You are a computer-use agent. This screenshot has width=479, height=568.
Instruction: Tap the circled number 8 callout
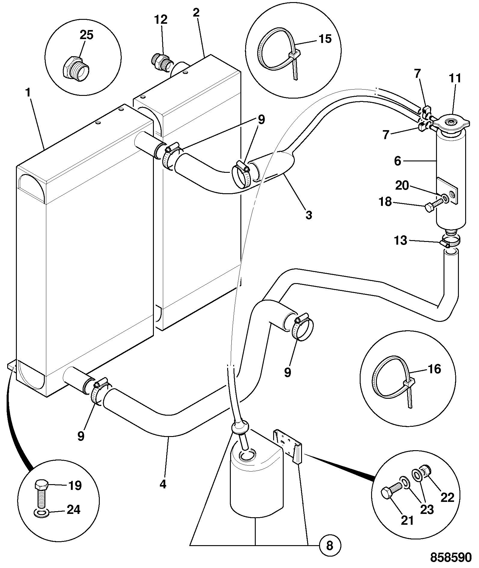coord(330,545)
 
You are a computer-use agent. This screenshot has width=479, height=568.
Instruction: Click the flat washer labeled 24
coord(40,513)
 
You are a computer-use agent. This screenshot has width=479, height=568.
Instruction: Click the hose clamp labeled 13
coord(450,242)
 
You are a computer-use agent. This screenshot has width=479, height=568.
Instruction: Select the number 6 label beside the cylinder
coord(398,161)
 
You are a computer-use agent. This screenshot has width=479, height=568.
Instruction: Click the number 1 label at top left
coord(28,93)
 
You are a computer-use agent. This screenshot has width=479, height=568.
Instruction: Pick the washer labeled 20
coord(444,198)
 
